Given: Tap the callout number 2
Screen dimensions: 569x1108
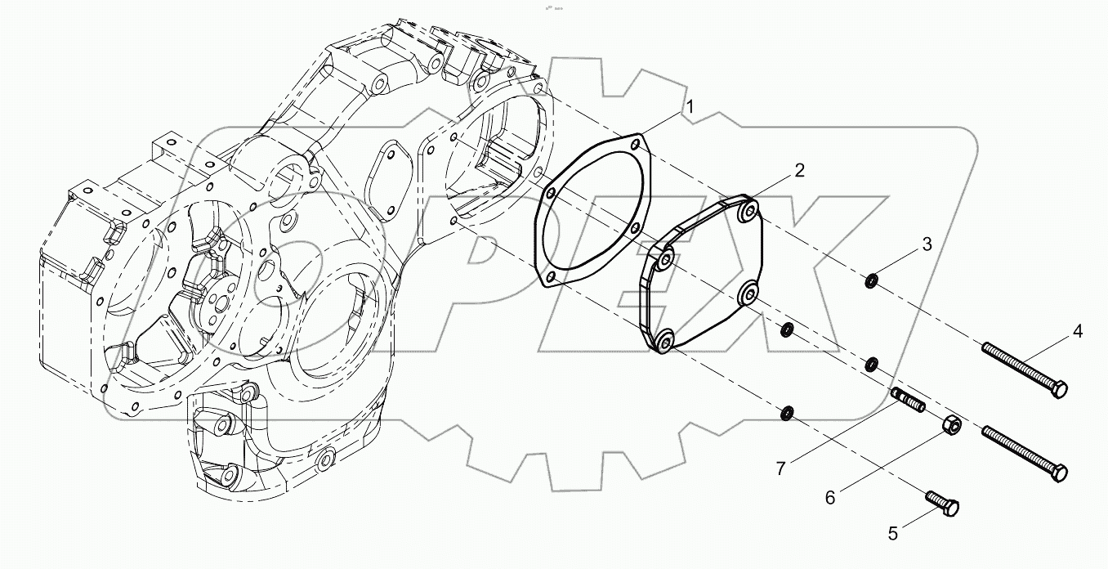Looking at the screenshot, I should (x=799, y=170).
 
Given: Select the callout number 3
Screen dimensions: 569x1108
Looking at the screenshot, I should (x=927, y=244).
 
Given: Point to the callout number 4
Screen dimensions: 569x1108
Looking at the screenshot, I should (x=1078, y=331).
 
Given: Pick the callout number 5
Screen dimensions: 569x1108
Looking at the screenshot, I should (x=892, y=533).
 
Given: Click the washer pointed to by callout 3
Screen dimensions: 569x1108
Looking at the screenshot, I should (x=872, y=282).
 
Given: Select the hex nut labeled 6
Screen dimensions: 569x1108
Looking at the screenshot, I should (x=952, y=425).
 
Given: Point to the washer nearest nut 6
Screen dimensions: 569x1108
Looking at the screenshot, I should (x=872, y=363).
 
